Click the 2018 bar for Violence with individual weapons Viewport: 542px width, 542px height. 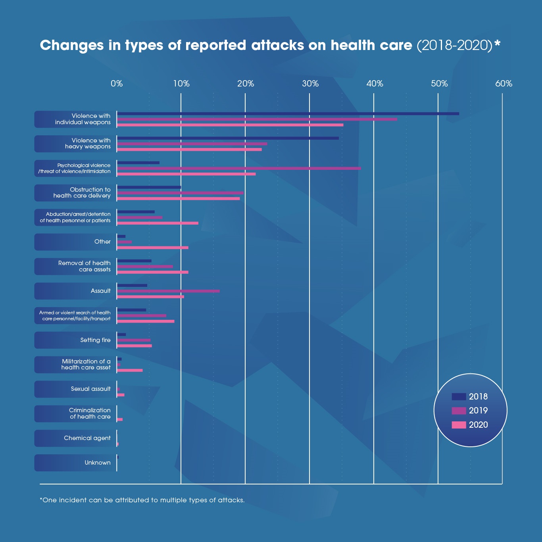(288, 114)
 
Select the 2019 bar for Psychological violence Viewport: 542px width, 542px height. (239, 168)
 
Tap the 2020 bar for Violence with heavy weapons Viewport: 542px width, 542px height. (189, 150)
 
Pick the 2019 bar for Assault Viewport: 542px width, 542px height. (168, 291)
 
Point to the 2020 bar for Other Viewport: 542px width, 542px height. (152, 248)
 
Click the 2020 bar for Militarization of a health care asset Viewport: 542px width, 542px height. (130, 370)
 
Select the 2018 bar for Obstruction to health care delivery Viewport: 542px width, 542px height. (149, 187)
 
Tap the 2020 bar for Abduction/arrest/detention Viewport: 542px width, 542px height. (158, 223)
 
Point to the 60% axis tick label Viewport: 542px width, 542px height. (504, 84)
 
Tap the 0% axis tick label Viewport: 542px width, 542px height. (117, 84)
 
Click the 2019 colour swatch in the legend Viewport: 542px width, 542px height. (459, 411)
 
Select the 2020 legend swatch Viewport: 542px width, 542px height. (459, 425)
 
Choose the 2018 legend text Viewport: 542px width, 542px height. (478, 397)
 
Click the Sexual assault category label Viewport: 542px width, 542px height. (90, 389)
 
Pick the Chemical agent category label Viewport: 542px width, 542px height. (87, 438)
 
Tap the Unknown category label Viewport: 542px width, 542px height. (98, 463)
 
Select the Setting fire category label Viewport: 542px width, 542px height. (95, 340)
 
